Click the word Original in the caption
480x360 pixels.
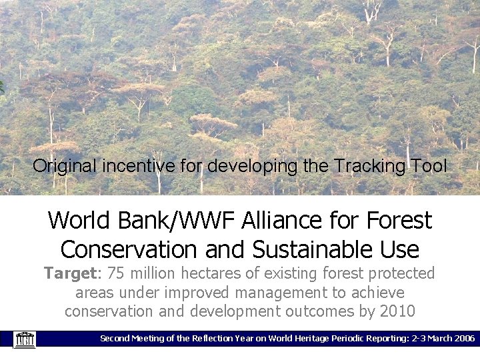(x=65, y=166)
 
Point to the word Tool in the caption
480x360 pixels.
(x=427, y=166)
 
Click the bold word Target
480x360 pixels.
(x=70, y=273)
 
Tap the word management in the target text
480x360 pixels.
(x=280, y=293)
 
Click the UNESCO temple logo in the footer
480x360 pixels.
(x=25, y=339)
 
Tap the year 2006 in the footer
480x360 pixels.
(x=461, y=339)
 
